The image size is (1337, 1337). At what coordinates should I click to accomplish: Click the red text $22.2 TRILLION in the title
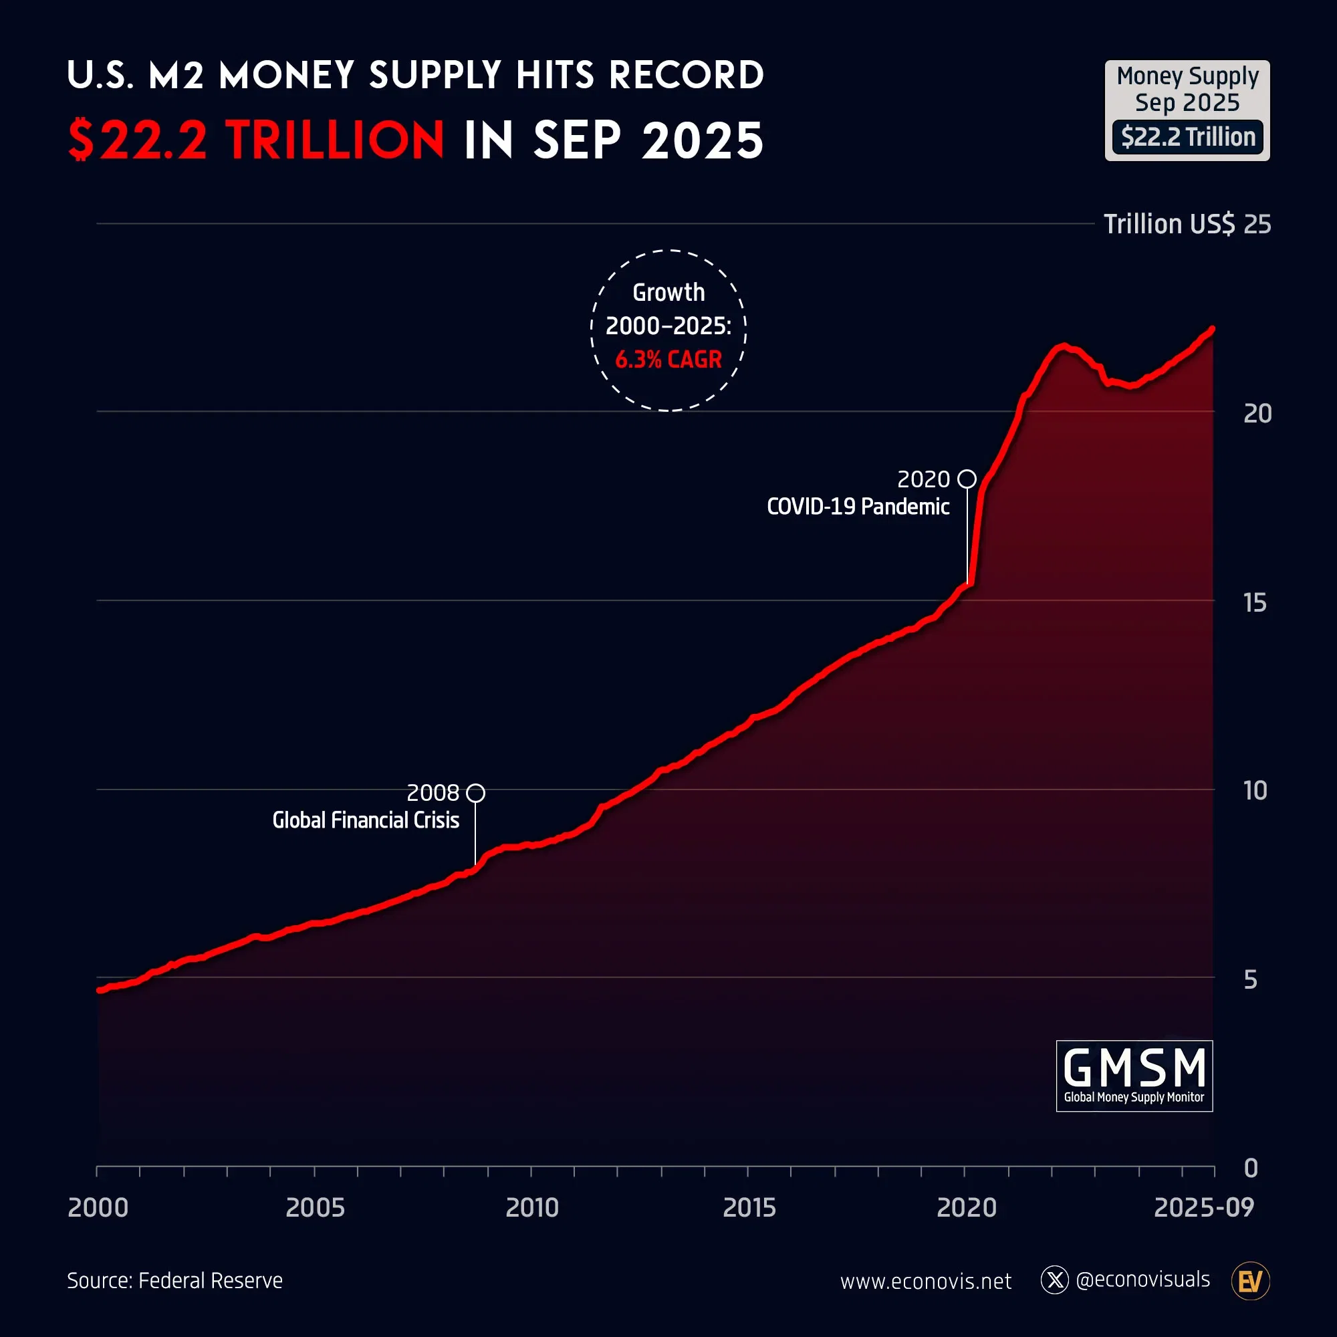tap(256, 140)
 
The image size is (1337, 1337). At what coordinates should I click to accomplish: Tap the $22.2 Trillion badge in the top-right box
tap(1187, 137)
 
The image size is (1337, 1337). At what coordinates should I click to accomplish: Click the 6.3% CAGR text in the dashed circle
tap(668, 359)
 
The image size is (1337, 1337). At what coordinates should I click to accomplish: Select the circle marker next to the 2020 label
tap(967, 479)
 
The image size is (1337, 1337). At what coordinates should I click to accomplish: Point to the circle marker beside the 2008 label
tap(475, 793)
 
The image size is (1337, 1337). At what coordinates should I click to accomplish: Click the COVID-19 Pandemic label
tap(858, 507)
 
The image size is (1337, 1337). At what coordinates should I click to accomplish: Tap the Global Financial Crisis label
tap(366, 820)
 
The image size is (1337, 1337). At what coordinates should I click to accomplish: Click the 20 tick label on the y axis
tap(1257, 414)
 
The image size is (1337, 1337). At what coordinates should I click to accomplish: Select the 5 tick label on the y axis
tap(1250, 980)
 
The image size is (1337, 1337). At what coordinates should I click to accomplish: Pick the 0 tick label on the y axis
tap(1251, 1168)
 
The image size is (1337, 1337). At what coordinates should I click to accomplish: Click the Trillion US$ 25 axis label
tap(1187, 224)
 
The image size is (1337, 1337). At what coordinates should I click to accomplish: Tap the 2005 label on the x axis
tap(315, 1207)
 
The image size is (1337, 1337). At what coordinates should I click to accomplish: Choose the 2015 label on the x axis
tap(749, 1207)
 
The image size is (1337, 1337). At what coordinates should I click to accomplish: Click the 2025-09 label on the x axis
tap(1203, 1207)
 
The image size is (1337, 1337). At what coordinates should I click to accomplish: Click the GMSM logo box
tap(1134, 1076)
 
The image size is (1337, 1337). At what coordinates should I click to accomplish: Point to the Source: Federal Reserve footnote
tap(175, 1280)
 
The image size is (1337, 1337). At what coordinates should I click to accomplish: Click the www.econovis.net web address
tap(925, 1281)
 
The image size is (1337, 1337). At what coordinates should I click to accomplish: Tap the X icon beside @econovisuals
tap(1055, 1280)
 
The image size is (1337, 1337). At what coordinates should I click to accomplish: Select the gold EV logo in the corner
tap(1250, 1282)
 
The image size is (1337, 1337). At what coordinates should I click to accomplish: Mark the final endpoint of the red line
tap(1213, 330)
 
